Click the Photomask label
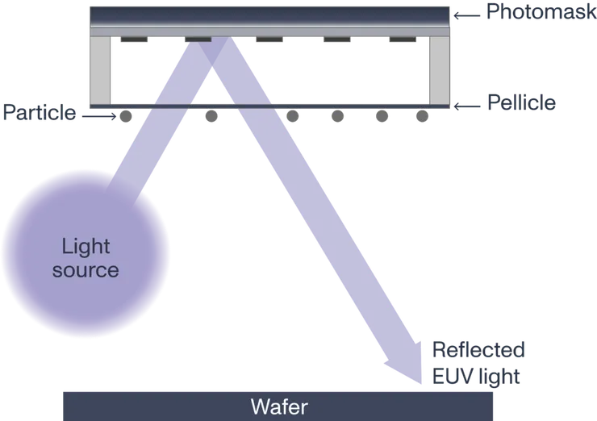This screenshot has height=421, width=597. click(540, 11)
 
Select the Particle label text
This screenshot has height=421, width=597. click(39, 112)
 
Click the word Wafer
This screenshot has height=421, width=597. click(278, 406)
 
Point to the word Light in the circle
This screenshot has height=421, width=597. click(86, 245)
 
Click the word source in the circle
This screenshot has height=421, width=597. click(86, 269)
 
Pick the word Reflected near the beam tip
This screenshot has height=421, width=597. click(480, 350)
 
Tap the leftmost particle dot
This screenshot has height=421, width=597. click(125, 116)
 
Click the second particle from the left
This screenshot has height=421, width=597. click(211, 116)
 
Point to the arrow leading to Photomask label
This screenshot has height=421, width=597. click(466, 14)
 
